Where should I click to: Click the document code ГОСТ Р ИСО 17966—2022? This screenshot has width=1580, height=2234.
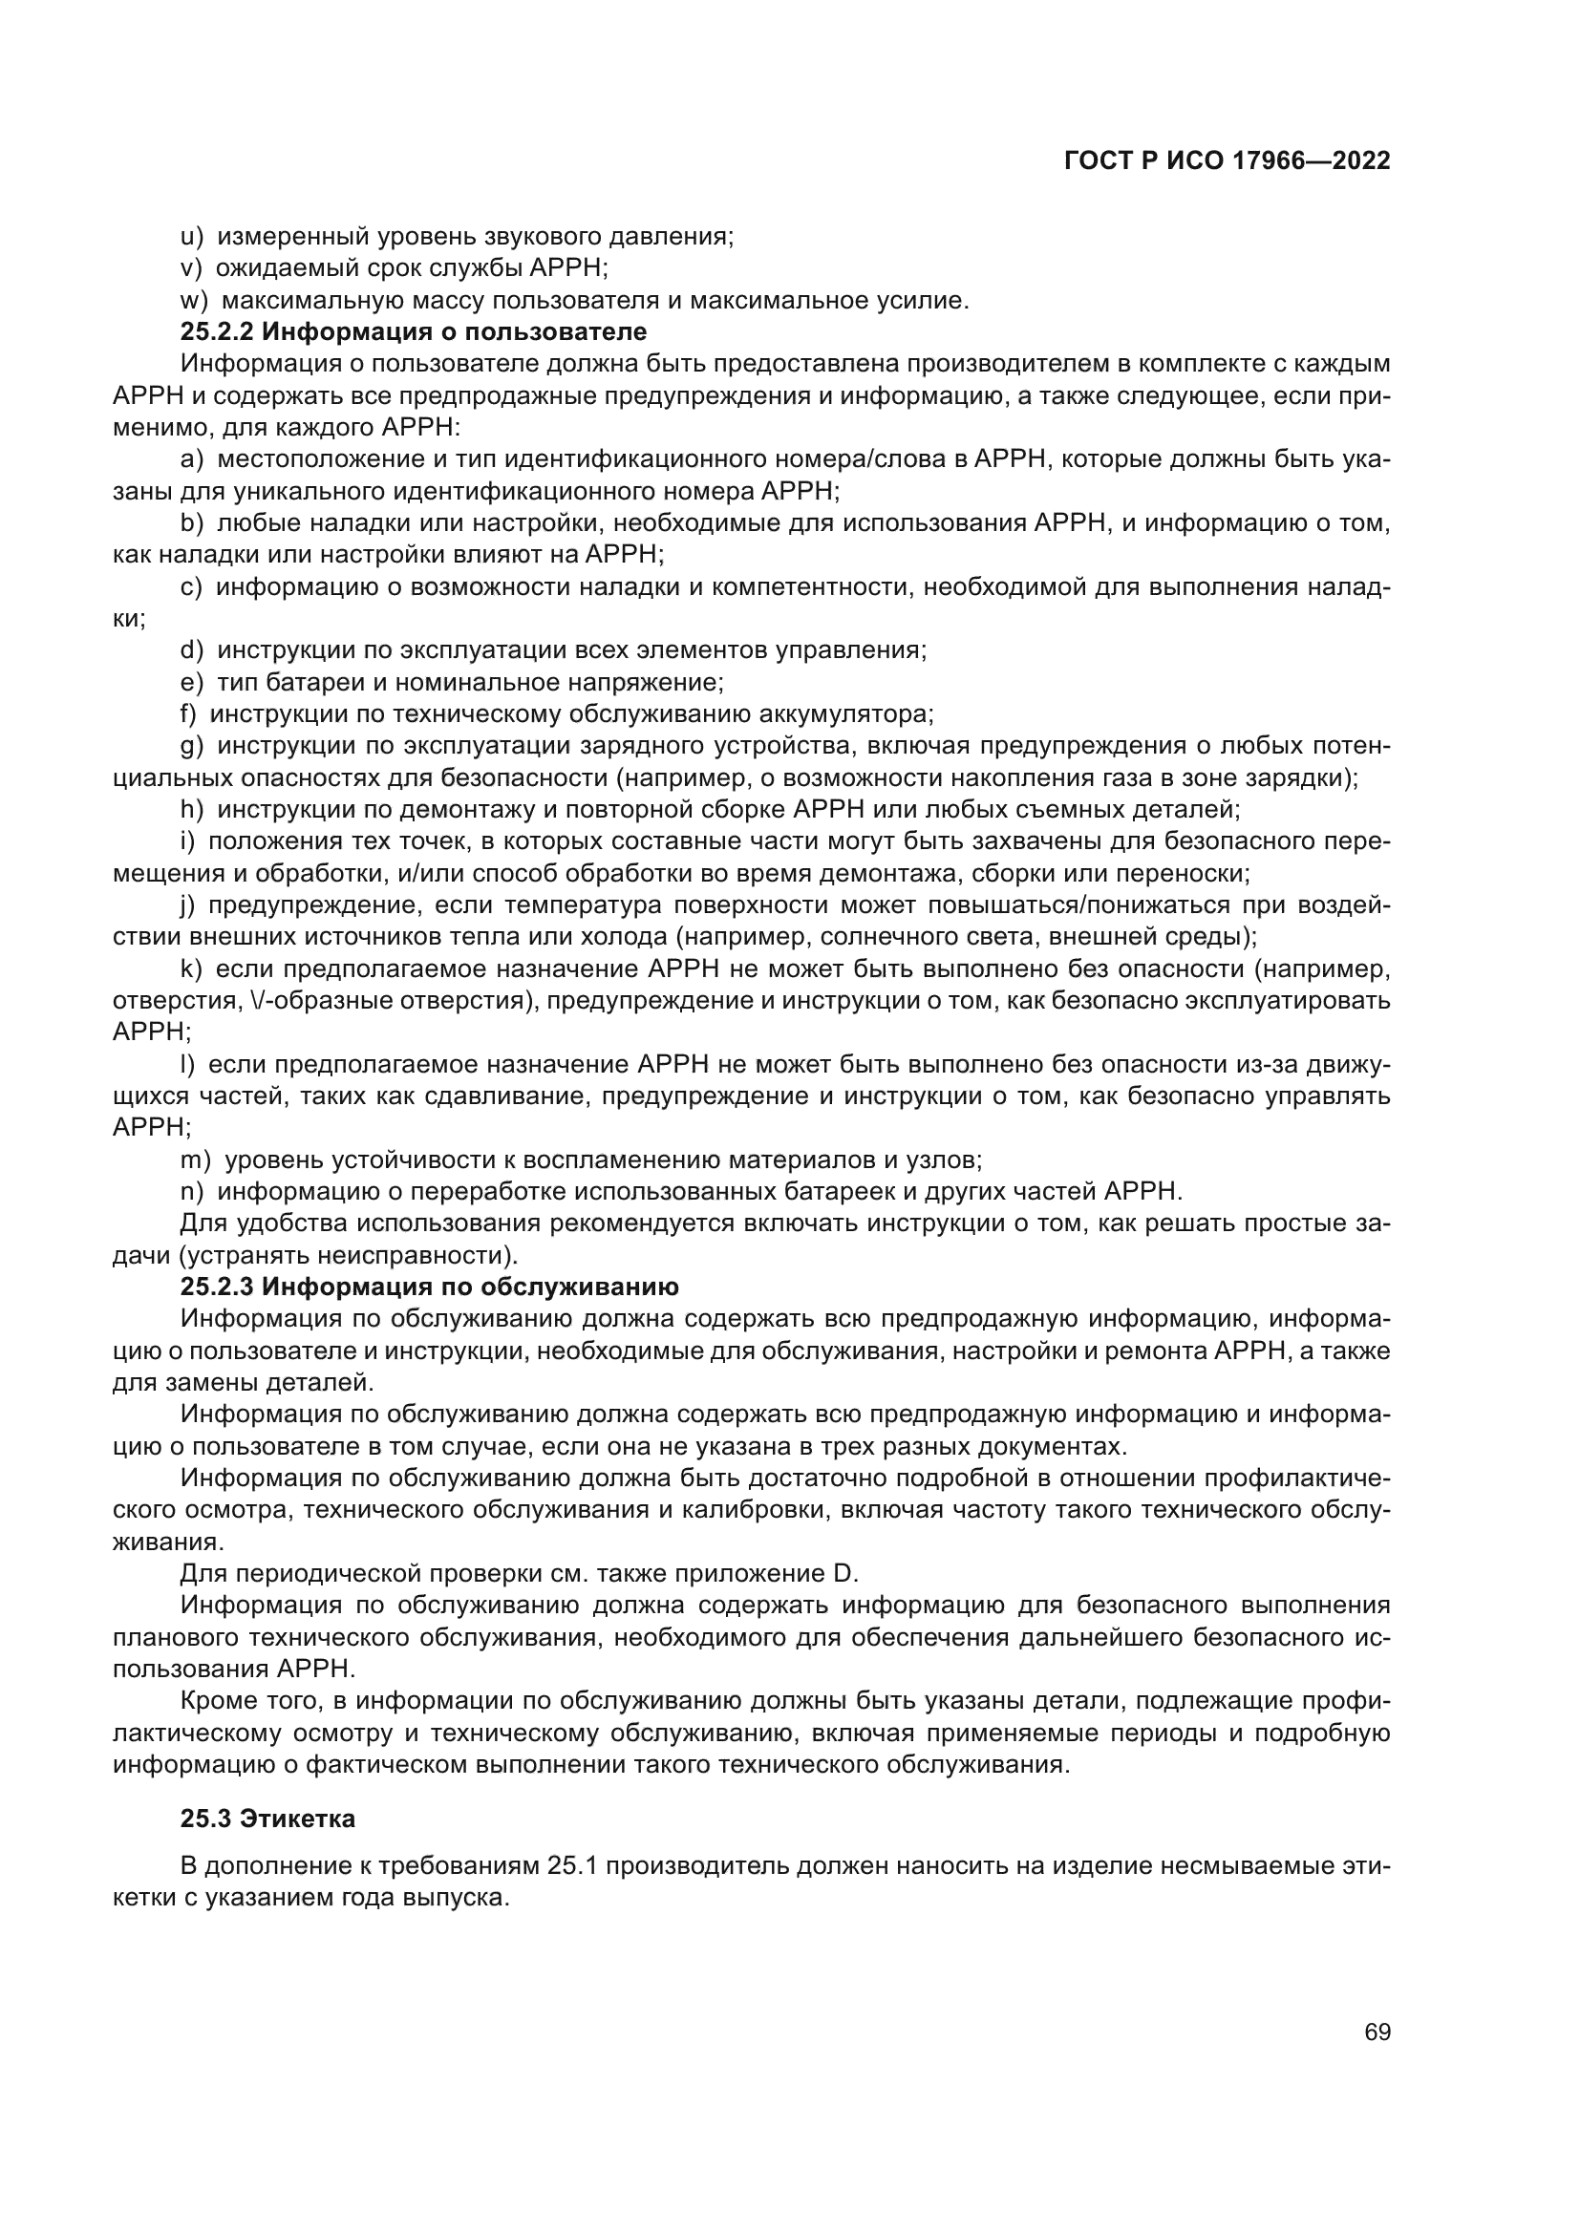click(x=1227, y=161)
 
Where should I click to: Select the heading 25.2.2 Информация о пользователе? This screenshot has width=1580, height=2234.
click(x=414, y=331)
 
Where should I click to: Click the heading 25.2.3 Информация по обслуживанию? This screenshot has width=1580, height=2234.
click(x=429, y=1287)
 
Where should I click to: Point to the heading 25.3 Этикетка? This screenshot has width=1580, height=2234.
click(x=267, y=1818)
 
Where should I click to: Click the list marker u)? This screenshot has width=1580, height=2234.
click(x=192, y=237)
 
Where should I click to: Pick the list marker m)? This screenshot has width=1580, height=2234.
click(x=196, y=1160)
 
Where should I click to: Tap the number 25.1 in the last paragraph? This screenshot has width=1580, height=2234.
click(x=574, y=1865)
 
